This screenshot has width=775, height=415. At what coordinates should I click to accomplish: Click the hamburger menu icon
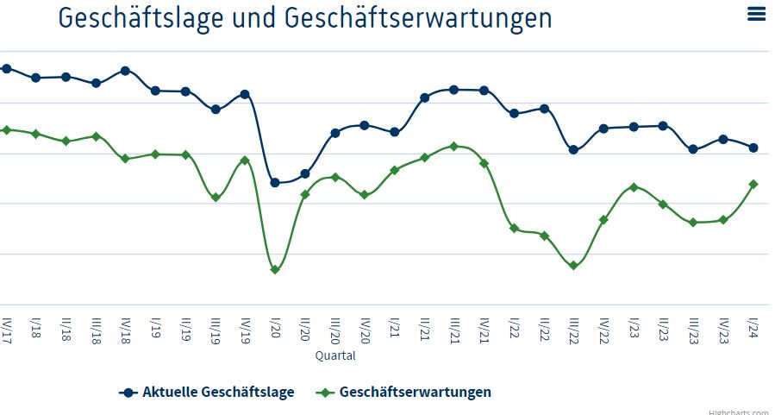tap(757, 14)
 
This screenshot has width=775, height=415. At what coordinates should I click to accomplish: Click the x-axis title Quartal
tap(334, 355)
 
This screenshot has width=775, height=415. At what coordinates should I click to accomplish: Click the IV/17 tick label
tap(6, 330)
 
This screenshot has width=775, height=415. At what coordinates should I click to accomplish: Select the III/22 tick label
tap(574, 330)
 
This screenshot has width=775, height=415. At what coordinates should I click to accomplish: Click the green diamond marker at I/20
tap(275, 270)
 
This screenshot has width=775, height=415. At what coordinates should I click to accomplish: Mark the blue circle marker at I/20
tap(275, 183)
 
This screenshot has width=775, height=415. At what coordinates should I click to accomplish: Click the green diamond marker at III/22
tap(573, 266)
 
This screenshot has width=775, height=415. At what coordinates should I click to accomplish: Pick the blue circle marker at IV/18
tap(125, 71)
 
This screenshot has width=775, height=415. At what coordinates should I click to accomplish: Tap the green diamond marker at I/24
tap(753, 184)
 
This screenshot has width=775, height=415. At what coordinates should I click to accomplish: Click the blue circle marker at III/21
tap(454, 90)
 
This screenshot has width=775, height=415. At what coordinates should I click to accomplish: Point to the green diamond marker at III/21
tap(454, 147)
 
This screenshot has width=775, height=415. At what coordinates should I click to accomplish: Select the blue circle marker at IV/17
tap(6, 68)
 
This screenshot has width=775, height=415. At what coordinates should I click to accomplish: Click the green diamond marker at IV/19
tap(245, 160)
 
